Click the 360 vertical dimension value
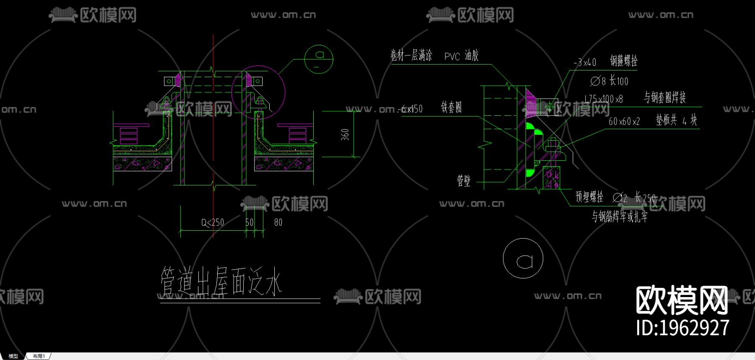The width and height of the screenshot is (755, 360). (345, 134)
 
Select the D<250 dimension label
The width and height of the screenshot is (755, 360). (213, 222)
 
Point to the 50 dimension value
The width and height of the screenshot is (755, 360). (250, 222)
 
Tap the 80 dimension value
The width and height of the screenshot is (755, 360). (278, 222)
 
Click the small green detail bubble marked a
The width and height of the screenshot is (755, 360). (319, 59)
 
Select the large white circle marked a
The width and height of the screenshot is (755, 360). (523, 258)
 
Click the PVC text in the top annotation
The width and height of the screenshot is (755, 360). (452, 57)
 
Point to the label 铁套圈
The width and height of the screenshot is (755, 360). (451, 107)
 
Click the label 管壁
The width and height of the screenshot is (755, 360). (464, 181)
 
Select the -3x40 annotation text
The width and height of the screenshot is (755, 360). (585, 63)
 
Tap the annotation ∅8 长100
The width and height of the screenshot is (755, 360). (609, 81)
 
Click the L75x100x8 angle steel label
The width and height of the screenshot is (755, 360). (604, 99)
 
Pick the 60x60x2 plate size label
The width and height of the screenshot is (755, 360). (624, 122)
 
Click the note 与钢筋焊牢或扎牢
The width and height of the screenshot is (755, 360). (620, 217)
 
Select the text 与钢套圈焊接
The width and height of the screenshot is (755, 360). (665, 97)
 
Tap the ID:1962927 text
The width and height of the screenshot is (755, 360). (682, 328)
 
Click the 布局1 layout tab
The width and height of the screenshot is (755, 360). (39, 356)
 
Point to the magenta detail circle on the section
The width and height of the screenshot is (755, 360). (258, 92)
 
